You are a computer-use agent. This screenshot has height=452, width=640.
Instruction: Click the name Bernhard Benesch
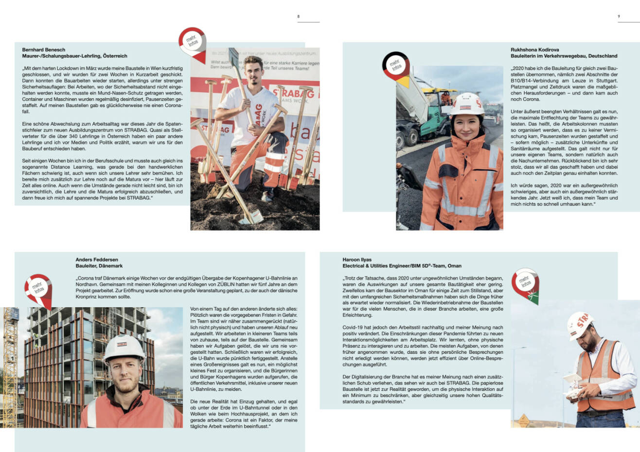44,50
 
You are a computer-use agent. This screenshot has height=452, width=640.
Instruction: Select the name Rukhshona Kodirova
534,50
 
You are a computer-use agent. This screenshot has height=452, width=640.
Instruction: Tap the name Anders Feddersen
97,260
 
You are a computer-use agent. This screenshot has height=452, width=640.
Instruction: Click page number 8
299,17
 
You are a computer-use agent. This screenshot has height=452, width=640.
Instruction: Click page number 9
619,17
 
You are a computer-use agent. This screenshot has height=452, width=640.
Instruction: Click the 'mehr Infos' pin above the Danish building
38,290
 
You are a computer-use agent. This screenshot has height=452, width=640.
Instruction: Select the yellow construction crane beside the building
10,360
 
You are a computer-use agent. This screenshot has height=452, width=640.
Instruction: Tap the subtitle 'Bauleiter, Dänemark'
99,266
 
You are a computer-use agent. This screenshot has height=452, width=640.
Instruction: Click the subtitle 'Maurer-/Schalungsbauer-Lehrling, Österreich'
74,56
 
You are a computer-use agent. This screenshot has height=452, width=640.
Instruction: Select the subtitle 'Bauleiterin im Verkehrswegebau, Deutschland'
564,56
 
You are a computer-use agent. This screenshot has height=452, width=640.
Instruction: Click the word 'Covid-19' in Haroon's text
354,328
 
